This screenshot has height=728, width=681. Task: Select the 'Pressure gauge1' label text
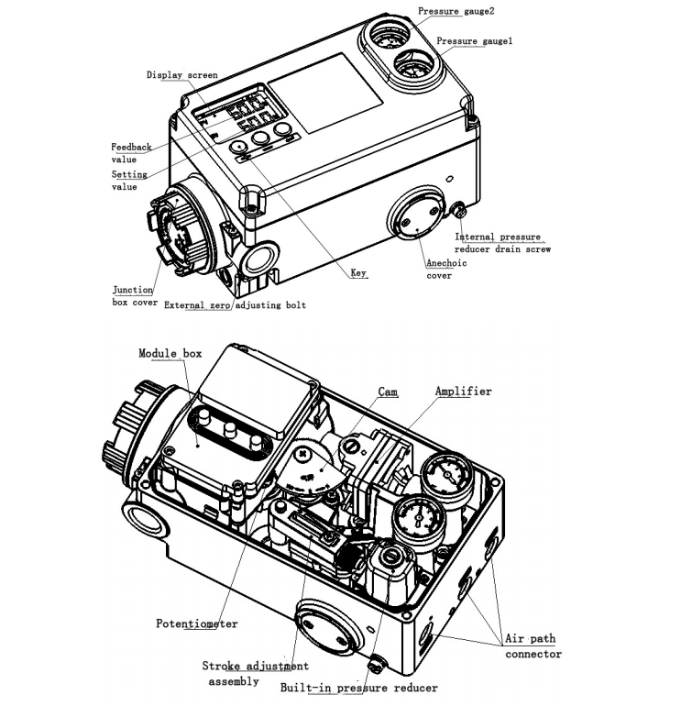point(474,41)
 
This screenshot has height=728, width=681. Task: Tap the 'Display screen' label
point(182,75)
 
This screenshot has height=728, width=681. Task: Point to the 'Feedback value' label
point(131,152)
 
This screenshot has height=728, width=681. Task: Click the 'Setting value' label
point(129,180)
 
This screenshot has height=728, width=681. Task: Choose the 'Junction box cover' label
point(134,295)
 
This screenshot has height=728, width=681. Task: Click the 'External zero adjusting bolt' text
point(235,305)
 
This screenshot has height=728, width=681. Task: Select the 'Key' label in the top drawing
point(359,273)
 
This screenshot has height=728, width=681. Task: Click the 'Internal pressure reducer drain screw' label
point(503,243)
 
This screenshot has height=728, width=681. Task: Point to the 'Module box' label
point(170,353)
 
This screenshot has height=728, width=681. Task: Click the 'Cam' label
point(388,392)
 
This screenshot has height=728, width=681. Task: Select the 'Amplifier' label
point(463,392)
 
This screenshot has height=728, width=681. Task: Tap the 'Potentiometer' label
point(196,623)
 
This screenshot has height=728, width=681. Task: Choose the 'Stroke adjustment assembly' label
point(255,673)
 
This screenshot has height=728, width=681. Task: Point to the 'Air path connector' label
point(533,645)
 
